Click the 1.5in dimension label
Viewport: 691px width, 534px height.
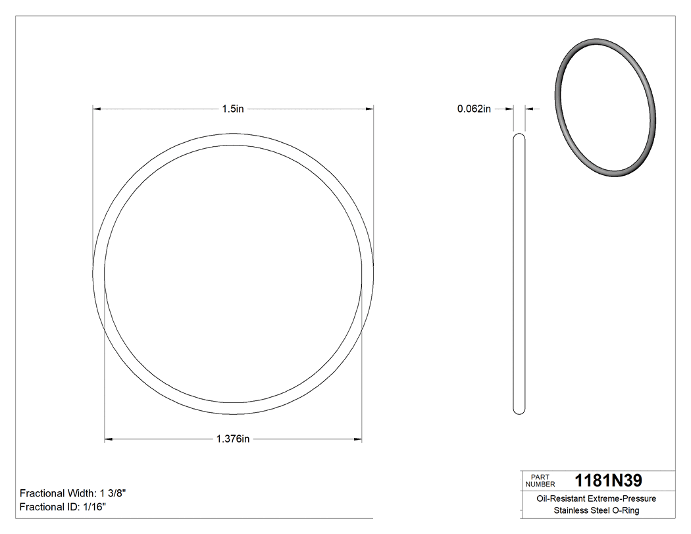(x=233, y=109)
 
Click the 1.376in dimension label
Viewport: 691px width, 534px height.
(x=233, y=439)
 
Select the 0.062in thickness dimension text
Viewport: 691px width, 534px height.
(x=474, y=109)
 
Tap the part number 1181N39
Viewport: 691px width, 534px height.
(x=608, y=481)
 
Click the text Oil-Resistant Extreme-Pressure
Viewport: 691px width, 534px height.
(x=596, y=498)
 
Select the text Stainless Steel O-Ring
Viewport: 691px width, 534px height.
(x=596, y=511)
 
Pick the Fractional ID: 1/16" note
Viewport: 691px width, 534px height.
(x=63, y=507)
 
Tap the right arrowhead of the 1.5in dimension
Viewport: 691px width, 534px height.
(x=370, y=109)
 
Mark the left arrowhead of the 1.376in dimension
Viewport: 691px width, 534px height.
(x=109, y=439)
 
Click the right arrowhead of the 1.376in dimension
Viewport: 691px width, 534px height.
(x=358, y=439)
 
